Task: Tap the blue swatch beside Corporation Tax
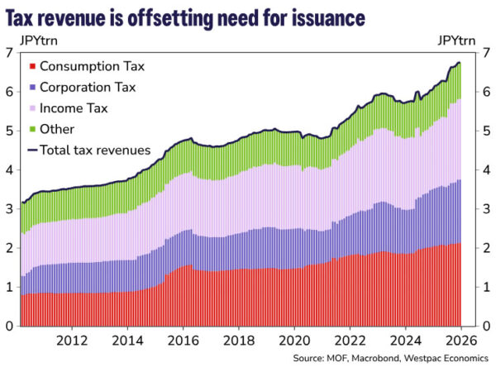pos(32,87)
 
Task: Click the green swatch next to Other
pos(32,129)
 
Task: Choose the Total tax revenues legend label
pos(95,150)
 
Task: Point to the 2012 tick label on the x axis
pos(72,340)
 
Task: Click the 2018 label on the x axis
pos(238,340)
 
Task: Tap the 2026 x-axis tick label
pos(460,340)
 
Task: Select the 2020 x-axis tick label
pos(293,340)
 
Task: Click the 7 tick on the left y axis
pos(8,53)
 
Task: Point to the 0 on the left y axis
pos(8,326)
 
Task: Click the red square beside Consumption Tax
pos(32,65)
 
